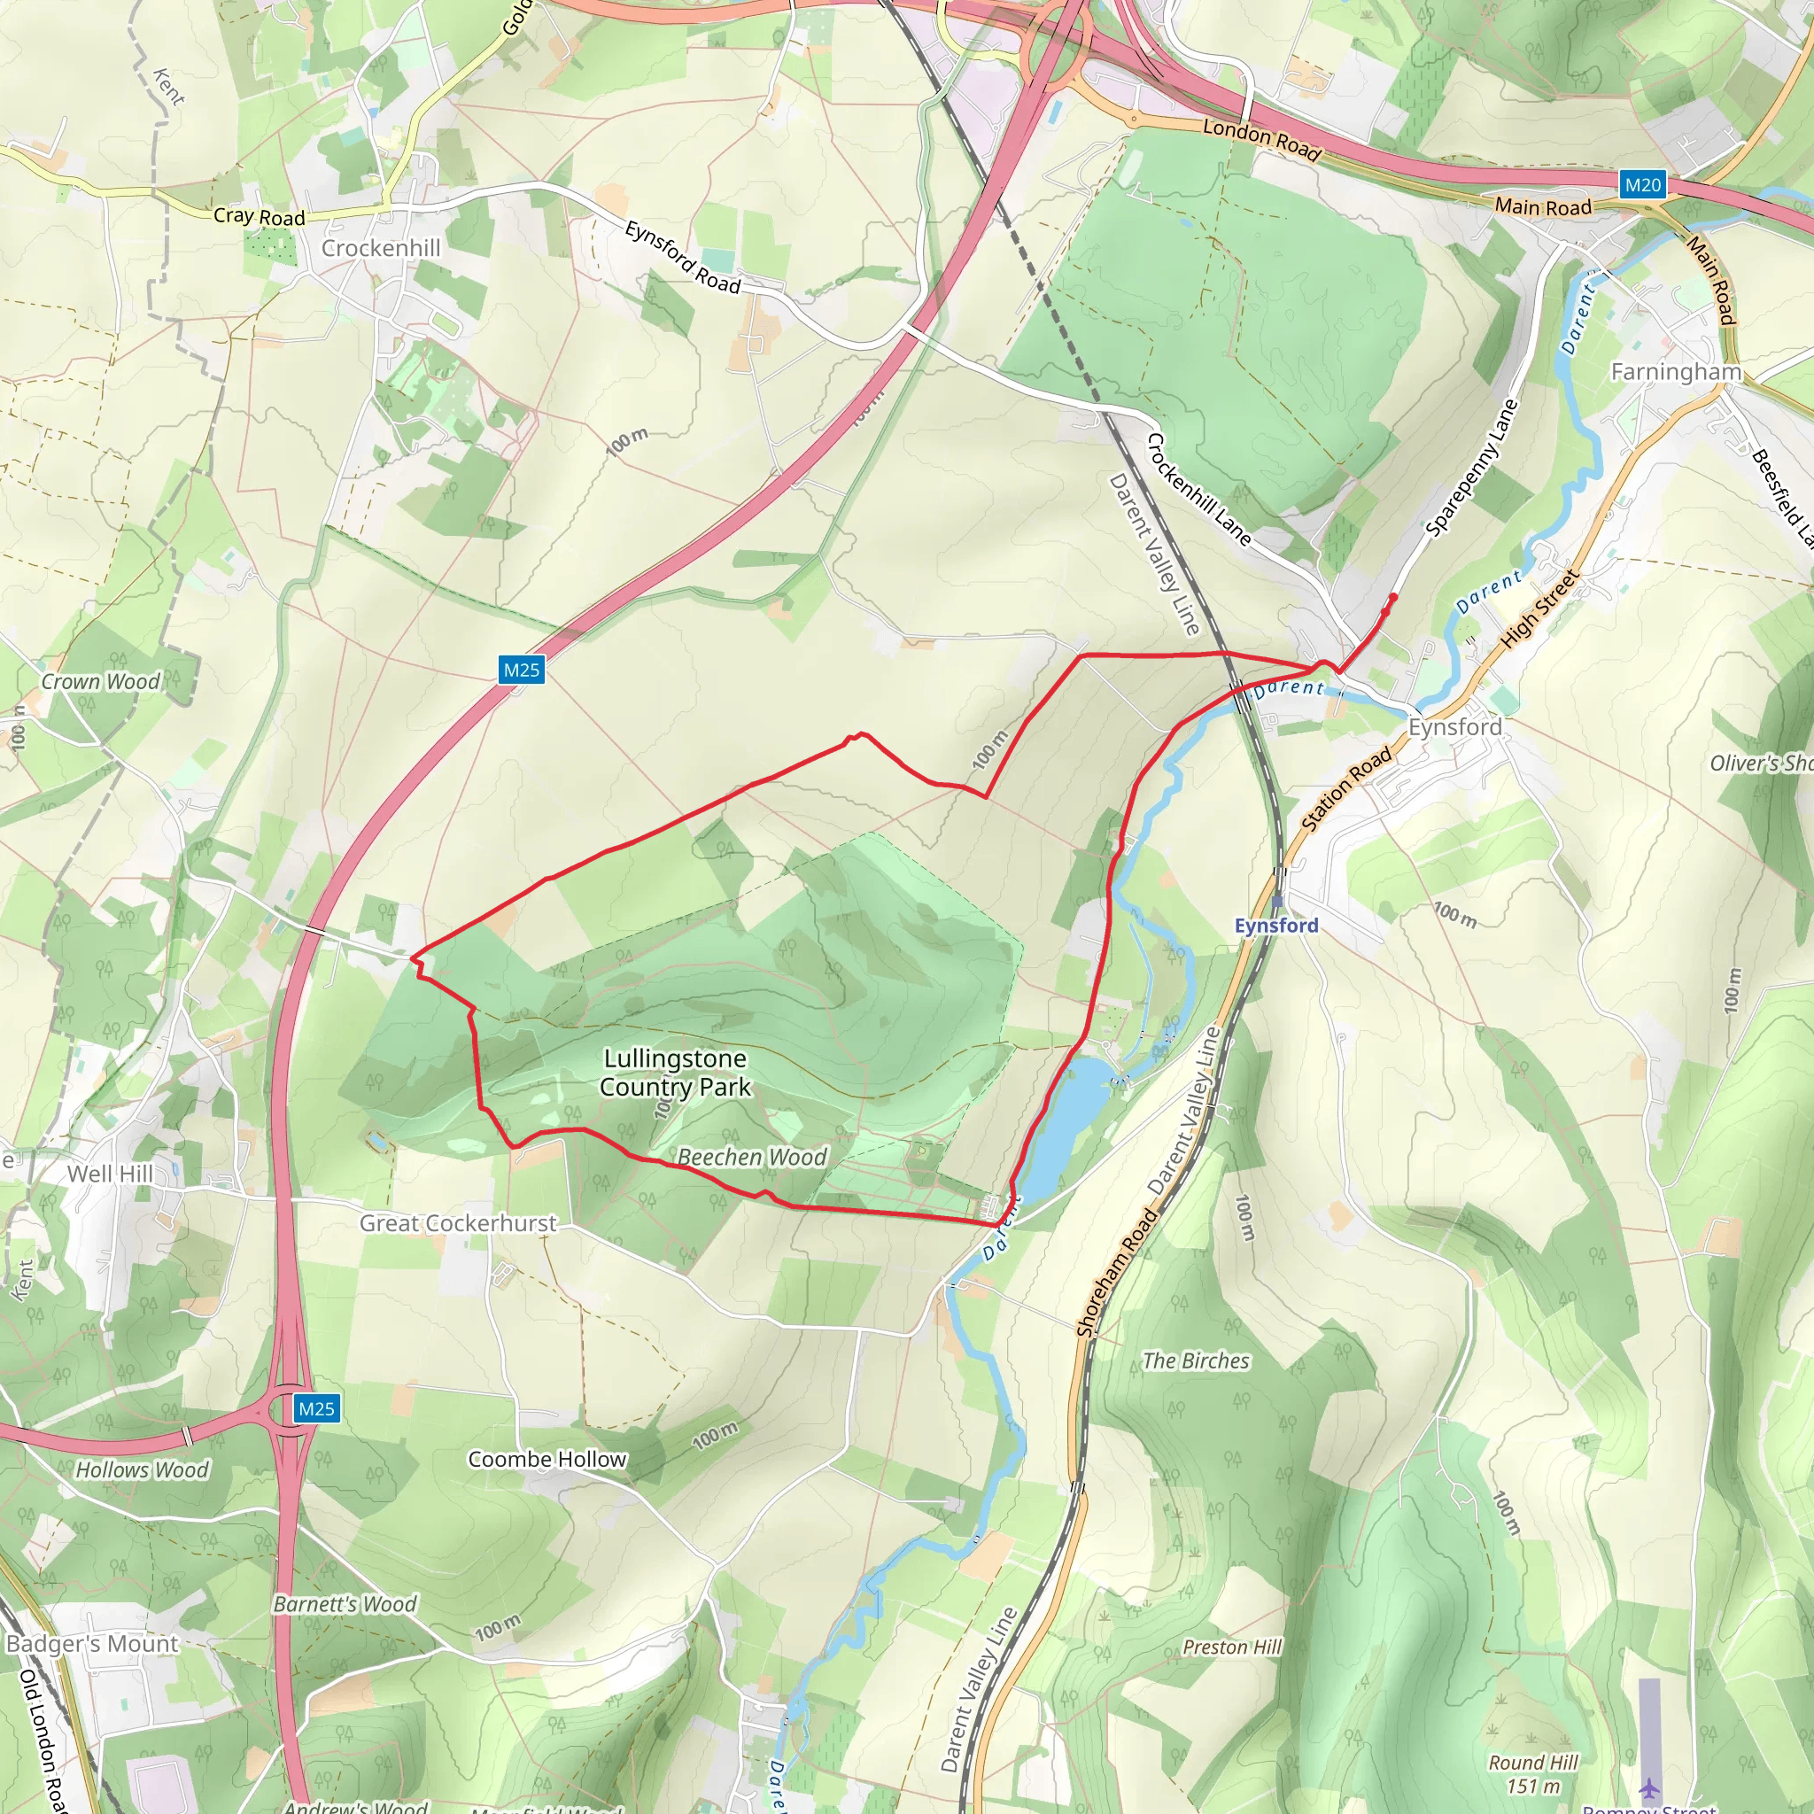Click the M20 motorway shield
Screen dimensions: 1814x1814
(x=1642, y=185)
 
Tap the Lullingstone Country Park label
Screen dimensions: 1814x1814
(x=675, y=1073)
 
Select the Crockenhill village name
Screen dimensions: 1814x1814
(x=380, y=248)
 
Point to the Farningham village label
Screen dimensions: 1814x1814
(x=1676, y=372)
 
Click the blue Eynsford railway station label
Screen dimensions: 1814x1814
(x=1276, y=925)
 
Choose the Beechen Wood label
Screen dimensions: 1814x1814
(x=752, y=1157)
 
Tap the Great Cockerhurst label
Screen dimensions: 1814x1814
(x=458, y=1222)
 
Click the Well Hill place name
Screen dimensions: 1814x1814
(x=110, y=1174)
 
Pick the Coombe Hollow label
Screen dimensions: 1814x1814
(x=547, y=1459)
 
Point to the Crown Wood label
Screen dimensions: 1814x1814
(x=100, y=682)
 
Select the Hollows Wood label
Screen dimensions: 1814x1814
(x=142, y=1469)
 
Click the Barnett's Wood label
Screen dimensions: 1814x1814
(x=345, y=1604)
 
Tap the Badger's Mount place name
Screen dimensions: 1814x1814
(x=92, y=1643)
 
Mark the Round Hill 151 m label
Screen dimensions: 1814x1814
(x=1532, y=1773)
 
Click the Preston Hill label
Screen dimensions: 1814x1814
(x=1231, y=1647)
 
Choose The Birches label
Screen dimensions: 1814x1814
(x=1195, y=1360)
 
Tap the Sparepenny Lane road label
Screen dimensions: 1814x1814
(x=1471, y=469)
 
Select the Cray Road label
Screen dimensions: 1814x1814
(x=260, y=216)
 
